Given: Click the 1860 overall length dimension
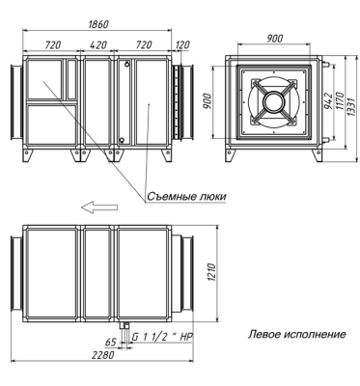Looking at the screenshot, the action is coord(98,24).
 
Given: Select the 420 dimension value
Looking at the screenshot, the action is coord(97,44).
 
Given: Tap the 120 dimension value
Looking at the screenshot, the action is coord(182,45).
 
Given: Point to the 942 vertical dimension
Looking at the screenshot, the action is coord(328,100).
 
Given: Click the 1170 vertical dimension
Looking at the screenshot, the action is coord(340,100).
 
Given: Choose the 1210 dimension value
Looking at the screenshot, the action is coord(211,273).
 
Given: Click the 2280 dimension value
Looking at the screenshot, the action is coord(103,355).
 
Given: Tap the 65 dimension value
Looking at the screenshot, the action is coord(110,343).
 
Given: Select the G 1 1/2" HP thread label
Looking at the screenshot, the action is coord(163,337).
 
